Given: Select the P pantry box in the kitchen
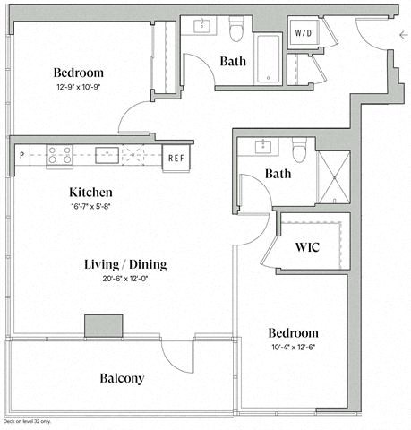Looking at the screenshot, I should [21, 154].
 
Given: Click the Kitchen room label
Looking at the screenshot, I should [90, 192].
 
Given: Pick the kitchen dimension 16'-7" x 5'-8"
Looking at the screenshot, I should [90, 205].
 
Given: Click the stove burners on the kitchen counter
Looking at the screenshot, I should [59, 154].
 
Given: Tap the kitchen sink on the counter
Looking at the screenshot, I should [106, 153].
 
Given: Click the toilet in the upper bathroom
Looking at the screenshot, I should [237, 31].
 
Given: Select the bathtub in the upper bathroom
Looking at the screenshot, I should [269, 59].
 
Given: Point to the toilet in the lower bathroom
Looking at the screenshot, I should [300, 150].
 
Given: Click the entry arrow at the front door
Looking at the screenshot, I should [403, 35].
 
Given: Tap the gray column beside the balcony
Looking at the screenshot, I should [104, 326].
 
